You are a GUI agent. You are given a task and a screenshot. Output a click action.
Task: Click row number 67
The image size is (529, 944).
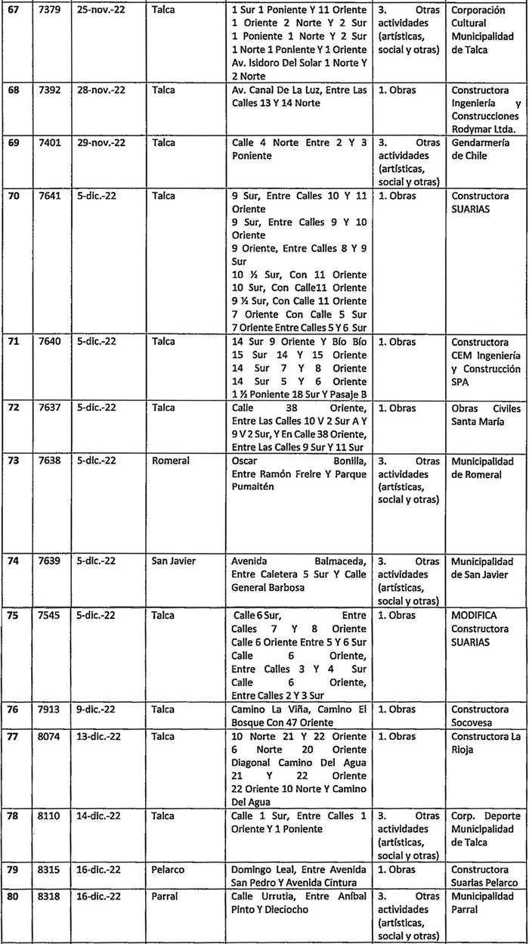12,10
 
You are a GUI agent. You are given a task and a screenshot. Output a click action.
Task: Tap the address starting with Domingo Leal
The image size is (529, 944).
299,877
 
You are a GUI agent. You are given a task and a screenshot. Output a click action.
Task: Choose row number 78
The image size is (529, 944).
12,816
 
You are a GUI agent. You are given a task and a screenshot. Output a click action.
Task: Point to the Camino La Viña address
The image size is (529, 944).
299,716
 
